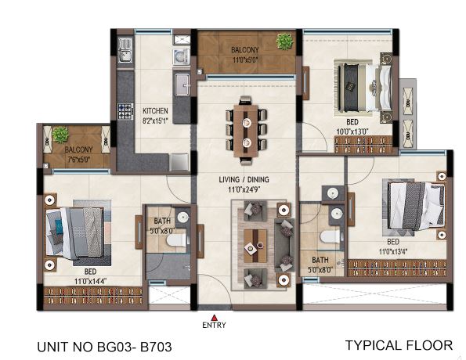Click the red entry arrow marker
pyautogui.click(x=214, y=317)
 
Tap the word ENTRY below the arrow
pyautogui.click(x=214, y=325)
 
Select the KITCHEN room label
pyautogui.click(x=155, y=111)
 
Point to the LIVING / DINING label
pyautogui.click(x=244, y=179)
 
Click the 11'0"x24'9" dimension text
pyautogui.click(x=244, y=189)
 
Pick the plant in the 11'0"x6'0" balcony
pyautogui.click(x=285, y=41)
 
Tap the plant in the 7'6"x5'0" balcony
pyautogui.click(x=60, y=135)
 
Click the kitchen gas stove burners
pyautogui.click(x=125, y=111)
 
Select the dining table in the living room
pyautogui.click(x=246, y=131)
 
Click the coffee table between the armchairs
pyautogui.click(x=255, y=246)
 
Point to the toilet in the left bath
pyautogui.click(x=176, y=240)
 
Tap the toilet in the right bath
pyautogui.click(x=330, y=236)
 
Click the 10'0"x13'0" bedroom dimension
pyautogui.click(x=352, y=131)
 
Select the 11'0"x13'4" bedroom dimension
pyautogui.click(x=393, y=251)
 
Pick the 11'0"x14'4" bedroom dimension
pyautogui.click(x=90, y=281)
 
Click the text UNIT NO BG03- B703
pyautogui.click(x=105, y=347)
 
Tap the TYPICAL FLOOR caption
pyautogui.click(x=399, y=345)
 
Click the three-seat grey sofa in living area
pyautogui.click(x=284, y=245)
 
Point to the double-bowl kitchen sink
pyautogui.click(x=125, y=50)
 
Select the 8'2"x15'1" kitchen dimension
pyautogui.click(x=155, y=121)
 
